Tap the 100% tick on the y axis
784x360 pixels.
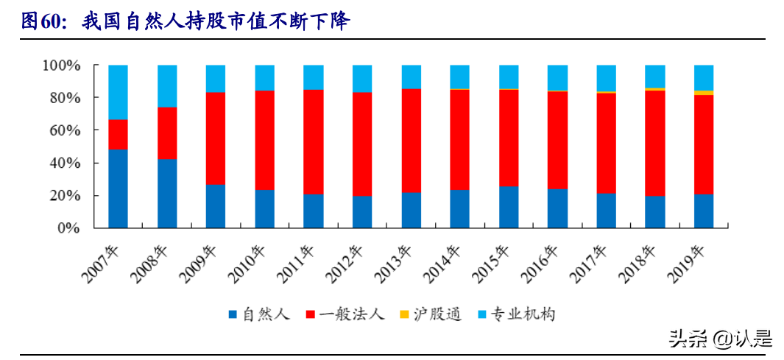point(61,66)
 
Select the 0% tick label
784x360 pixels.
point(68,228)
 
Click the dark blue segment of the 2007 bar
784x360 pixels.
point(118,188)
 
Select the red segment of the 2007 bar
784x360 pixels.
point(118,135)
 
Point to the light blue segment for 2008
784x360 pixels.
point(167,86)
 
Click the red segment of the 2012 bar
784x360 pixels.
point(362,144)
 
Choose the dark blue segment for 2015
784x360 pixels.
point(509,207)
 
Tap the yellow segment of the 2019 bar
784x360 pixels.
point(704,93)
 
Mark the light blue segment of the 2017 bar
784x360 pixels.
point(606,78)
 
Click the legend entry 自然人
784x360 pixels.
point(258,315)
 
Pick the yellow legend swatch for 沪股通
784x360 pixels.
point(404,315)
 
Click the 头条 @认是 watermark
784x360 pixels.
point(719,339)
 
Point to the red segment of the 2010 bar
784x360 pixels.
point(265,140)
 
